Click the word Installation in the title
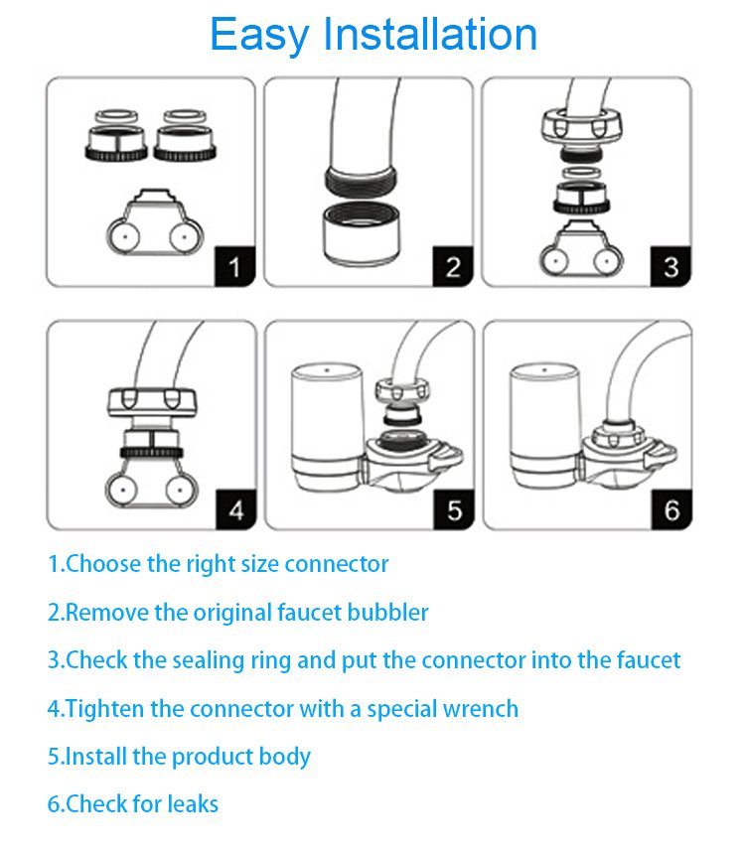[x=430, y=35]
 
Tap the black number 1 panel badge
[x=235, y=266]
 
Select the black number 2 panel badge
[x=453, y=266]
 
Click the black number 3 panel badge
[x=670, y=266]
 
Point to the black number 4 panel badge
[x=236, y=509]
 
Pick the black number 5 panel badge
[x=454, y=509]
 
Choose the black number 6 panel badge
[x=672, y=509]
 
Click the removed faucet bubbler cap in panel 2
[x=362, y=234]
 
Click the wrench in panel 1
[x=155, y=223]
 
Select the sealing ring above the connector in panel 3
[x=581, y=173]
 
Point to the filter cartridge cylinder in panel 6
[x=544, y=427]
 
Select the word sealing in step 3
[x=208, y=661]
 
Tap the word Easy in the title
[x=259, y=36]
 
